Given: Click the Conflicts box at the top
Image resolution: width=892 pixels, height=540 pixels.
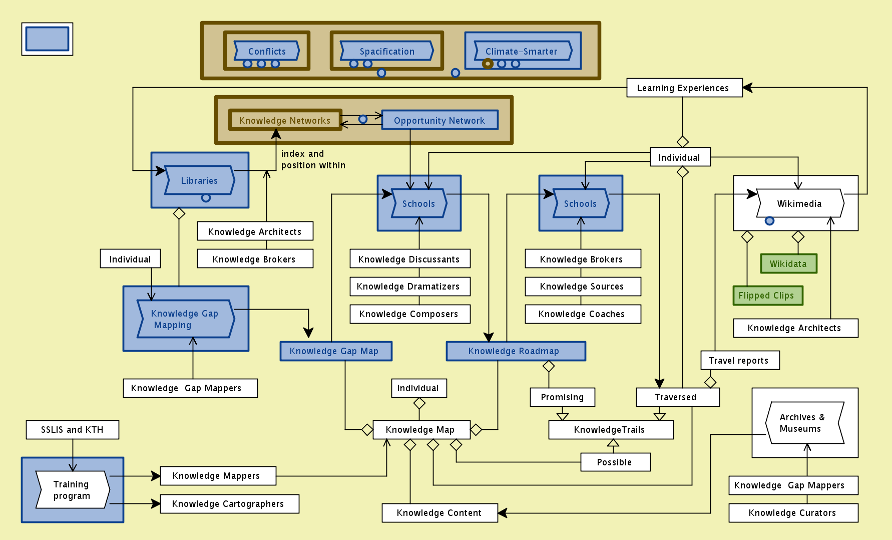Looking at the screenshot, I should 267,51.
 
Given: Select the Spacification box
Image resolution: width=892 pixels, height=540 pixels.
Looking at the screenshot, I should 386,51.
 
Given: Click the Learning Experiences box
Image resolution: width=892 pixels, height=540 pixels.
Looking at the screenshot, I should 684,88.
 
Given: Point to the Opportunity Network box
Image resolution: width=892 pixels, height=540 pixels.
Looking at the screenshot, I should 439,120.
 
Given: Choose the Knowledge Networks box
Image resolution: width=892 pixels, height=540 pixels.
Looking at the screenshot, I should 285,120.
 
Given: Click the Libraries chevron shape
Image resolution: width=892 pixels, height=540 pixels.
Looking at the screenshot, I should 200,180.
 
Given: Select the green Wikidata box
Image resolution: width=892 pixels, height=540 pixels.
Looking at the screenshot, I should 788,263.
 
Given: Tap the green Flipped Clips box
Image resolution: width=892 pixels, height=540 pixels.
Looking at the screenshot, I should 767,296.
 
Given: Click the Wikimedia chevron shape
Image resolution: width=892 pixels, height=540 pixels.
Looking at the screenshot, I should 799,203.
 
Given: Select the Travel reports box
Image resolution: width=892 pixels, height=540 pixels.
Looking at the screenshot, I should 740,360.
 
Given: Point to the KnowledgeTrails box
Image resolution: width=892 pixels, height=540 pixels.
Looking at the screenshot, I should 611,430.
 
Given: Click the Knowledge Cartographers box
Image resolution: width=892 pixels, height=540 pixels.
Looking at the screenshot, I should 229,504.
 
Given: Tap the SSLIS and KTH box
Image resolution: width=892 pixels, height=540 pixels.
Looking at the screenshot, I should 72,430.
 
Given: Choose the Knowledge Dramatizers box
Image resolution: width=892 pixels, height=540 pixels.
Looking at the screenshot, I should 409,287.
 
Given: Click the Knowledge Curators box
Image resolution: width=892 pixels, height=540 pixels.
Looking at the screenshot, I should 793,513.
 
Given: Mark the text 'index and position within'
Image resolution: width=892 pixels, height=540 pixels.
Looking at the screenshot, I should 313,159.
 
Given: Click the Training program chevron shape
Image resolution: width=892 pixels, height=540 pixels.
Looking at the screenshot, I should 72,490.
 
